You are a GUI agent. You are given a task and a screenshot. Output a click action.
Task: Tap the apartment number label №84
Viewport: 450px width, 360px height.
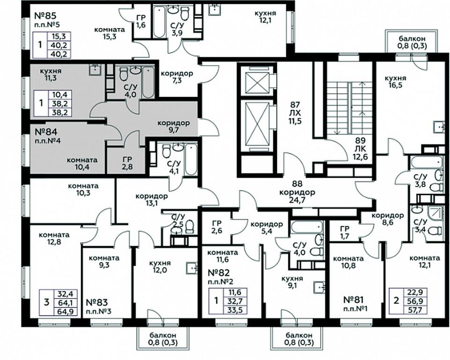46,132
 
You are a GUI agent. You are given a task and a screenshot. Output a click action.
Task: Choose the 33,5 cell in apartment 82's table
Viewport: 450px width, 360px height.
235,309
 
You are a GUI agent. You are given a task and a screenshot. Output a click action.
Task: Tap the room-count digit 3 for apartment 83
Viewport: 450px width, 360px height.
46,302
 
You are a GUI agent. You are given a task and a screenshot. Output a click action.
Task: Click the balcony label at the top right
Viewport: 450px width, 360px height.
413,43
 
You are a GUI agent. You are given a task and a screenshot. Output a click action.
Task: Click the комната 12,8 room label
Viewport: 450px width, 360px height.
54,238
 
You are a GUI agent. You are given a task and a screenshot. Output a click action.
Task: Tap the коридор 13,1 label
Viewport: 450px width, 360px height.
151,200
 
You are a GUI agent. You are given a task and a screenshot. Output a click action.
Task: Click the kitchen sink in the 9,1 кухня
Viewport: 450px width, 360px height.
319,286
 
